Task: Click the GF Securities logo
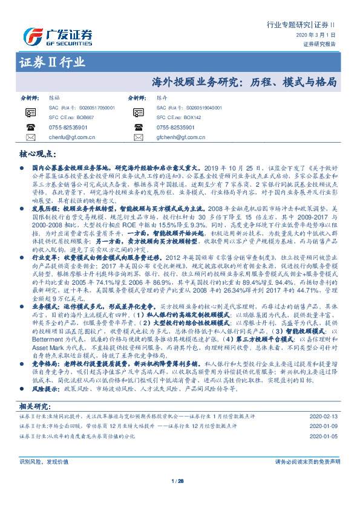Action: coord(58,34)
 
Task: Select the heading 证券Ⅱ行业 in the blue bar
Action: coord(52,62)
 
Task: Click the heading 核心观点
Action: coord(40,154)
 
